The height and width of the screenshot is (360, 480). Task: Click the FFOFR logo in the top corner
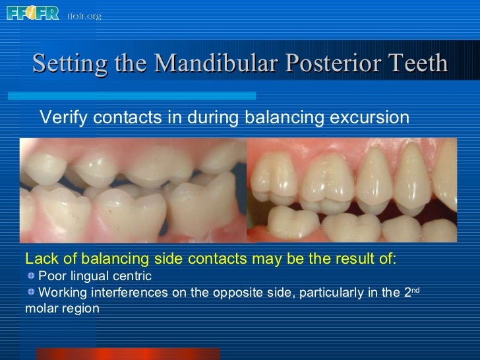pyautogui.click(x=32, y=13)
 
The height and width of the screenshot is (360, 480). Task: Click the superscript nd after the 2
pyautogui.click(x=415, y=289)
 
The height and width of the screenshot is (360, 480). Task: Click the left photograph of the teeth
pyautogui.click(x=132, y=190)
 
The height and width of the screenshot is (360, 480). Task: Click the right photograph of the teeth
pyautogui.click(x=351, y=190)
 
